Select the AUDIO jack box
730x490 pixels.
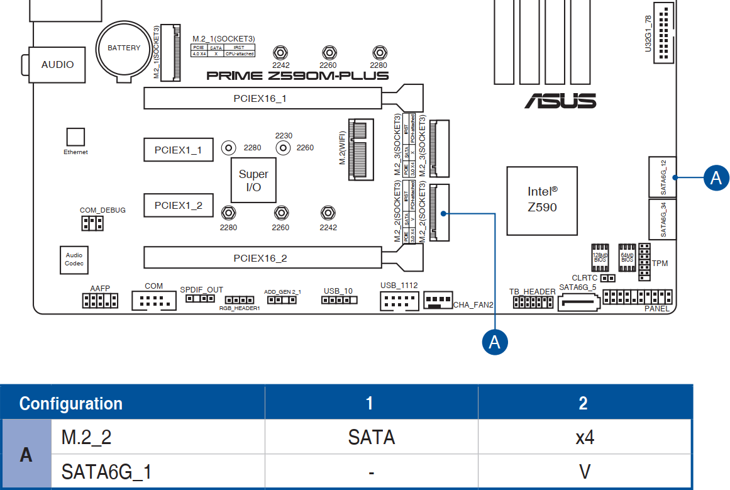click(57, 65)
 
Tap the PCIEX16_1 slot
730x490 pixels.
click(260, 99)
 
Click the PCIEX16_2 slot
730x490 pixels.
click(260, 258)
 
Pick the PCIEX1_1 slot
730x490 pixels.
click(178, 150)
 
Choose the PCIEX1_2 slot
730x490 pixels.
click(178, 205)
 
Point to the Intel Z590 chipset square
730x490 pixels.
click(542, 201)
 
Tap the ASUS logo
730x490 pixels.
click(560, 101)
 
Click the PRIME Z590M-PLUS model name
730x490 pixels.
click(297, 76)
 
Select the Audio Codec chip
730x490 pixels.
click(74, 259)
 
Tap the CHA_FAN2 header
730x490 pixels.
click(438, 300)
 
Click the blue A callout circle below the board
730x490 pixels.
click(495, 342)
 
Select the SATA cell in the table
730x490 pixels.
click(371, 437)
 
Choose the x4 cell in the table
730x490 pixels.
click(585, 437)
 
